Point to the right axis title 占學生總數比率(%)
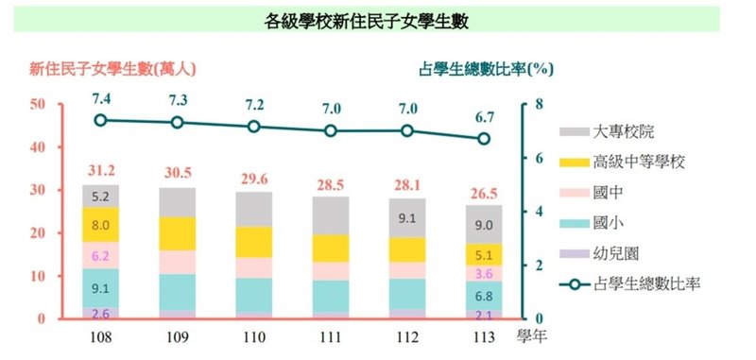point(485,68)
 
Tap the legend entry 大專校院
point(627,131)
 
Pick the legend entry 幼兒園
point(619,253)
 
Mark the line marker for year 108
point(100,120)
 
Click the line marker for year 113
point(484,139)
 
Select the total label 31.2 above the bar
point(100,171)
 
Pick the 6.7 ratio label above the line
point(485,118)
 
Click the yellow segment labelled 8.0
point(100,226)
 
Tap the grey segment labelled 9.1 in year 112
point(407,218)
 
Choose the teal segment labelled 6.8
point(484,295)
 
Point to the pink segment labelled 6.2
point(100,255)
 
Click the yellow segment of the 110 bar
point(253,242)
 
